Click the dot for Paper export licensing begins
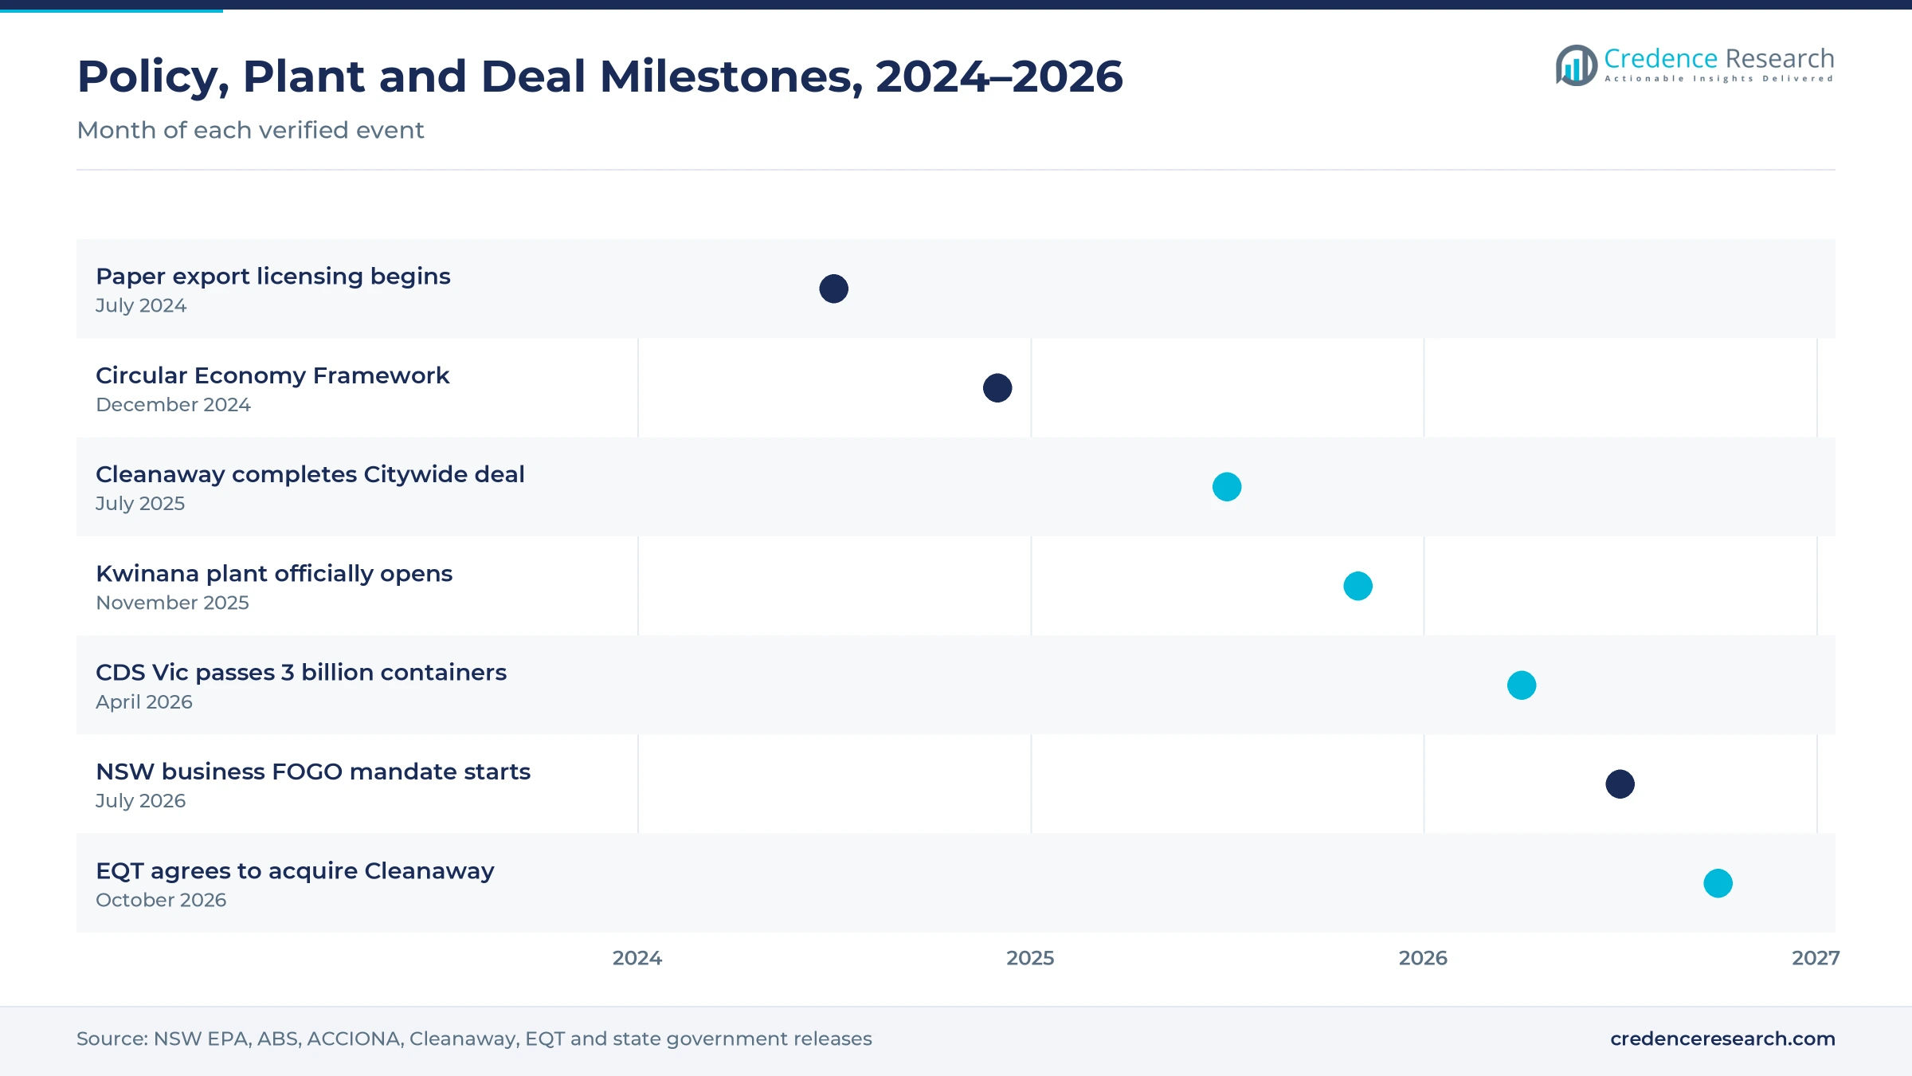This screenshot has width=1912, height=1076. [833, 289]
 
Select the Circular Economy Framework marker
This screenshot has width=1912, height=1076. [997, 388]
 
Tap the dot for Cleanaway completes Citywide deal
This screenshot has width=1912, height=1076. [1227, 487]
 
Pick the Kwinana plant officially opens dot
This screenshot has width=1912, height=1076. [1358, 586]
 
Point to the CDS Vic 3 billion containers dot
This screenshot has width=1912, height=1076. [1522, 685]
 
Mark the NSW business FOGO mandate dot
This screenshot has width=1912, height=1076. [1620, 784]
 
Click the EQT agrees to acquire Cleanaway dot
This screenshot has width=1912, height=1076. [1718, 883]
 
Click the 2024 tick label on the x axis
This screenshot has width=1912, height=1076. [637, 958]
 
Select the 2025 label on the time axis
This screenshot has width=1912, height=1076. [1030, 958]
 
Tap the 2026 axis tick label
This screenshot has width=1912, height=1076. [1423, 958]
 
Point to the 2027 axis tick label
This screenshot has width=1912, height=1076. [1816, 958]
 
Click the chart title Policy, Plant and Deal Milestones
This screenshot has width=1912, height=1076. [600, 77]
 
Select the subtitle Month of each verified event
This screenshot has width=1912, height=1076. [250, 130]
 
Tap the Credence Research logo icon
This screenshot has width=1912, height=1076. [1576, 65]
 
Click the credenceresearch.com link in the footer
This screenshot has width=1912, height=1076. [1722, 1039]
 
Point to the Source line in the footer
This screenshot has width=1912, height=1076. [474, 1039]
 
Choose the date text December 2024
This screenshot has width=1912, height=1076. [173, 405]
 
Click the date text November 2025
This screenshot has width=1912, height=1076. [172, 603]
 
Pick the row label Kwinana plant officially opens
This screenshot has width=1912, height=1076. [274, 574]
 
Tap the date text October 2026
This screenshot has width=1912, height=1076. [161, 900]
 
